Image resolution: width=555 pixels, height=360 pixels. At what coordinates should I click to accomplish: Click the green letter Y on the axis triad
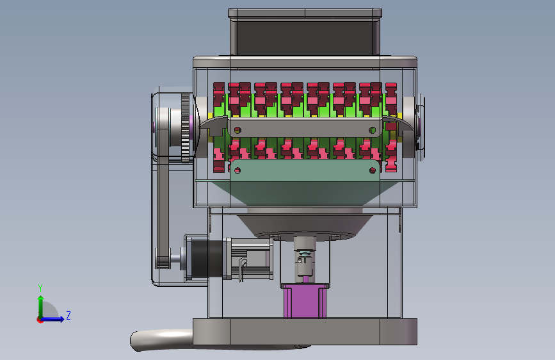(x=40, y=288)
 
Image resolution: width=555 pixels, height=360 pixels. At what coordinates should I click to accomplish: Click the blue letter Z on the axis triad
(x=68, y=315)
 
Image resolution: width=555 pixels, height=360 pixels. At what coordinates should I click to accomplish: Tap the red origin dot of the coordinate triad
(x=40, y=320)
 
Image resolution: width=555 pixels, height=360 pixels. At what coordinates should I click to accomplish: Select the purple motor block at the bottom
(x=305, y=301)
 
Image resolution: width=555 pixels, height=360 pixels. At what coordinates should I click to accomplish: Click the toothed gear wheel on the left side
(x=186, y=128)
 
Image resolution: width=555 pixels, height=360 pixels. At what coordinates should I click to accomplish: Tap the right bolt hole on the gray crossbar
(x=373, y=131)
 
